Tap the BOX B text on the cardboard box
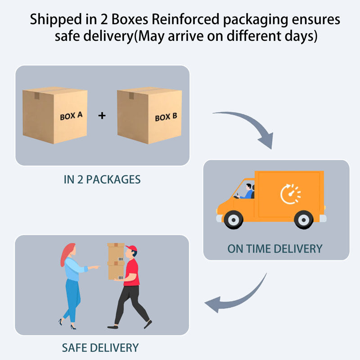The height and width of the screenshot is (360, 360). pyautogui.click(x=166, y=117)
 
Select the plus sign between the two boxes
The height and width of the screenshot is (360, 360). pyautogui.click(x=102, y=115)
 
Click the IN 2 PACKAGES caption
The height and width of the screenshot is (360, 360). pyautogui.click(x=102, y=180)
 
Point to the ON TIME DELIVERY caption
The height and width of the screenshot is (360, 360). pyautogui.click(x=275, y=249)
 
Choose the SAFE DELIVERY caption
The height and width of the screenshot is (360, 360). pyautogui.click(x=100, y=347)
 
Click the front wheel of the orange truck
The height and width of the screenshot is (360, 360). pyautogui.click(x=234, y=220)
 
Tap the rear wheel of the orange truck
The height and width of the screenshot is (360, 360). pyautogui.click(x=303, y=220)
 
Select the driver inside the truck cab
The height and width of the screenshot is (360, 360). pyautogui.click(x=246, y=192)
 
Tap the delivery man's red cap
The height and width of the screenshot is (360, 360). pyautogui.click(x=131, y=248)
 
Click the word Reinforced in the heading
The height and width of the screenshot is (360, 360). pyautogui.click(x=185, y=19)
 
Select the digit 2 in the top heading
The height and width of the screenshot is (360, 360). pyautogui.click(x=104, y=19)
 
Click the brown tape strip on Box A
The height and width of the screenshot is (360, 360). pyautogui.click(x=37, y=96)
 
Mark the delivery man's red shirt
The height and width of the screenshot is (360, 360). pyautogui.click(x=131, y=272)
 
